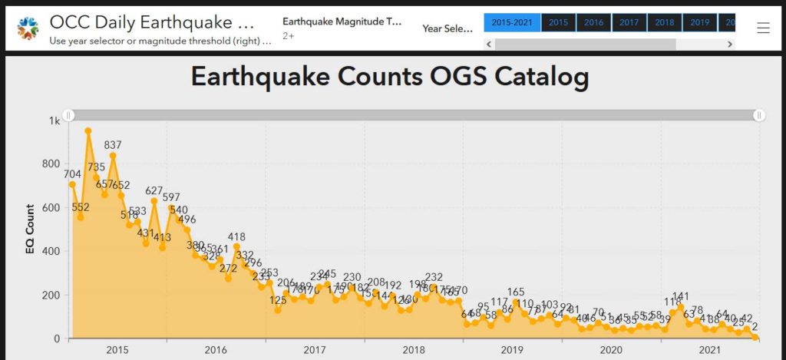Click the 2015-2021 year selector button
tap(512, 23)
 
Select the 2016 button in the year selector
tap(593, 23)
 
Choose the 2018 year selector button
tap(664, 23)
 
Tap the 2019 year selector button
tap(699, 23)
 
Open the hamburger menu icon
tap(763, 28)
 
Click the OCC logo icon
tap(28, 28)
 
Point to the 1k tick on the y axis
tap(54, 121)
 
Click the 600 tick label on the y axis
tap(51, 208)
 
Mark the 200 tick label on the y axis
tap(51, 296)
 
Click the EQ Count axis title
tap(30, 229)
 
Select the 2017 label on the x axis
tap(315, 350)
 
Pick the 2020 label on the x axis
tap(611, 350)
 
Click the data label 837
tap(113, 145)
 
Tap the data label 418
tap(236, 237)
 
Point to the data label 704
tap(73, 174)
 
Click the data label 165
tap(516, 292)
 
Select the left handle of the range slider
tap(69, 115)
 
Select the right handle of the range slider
tap(759, 115)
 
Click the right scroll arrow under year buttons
tap(729, 45)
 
